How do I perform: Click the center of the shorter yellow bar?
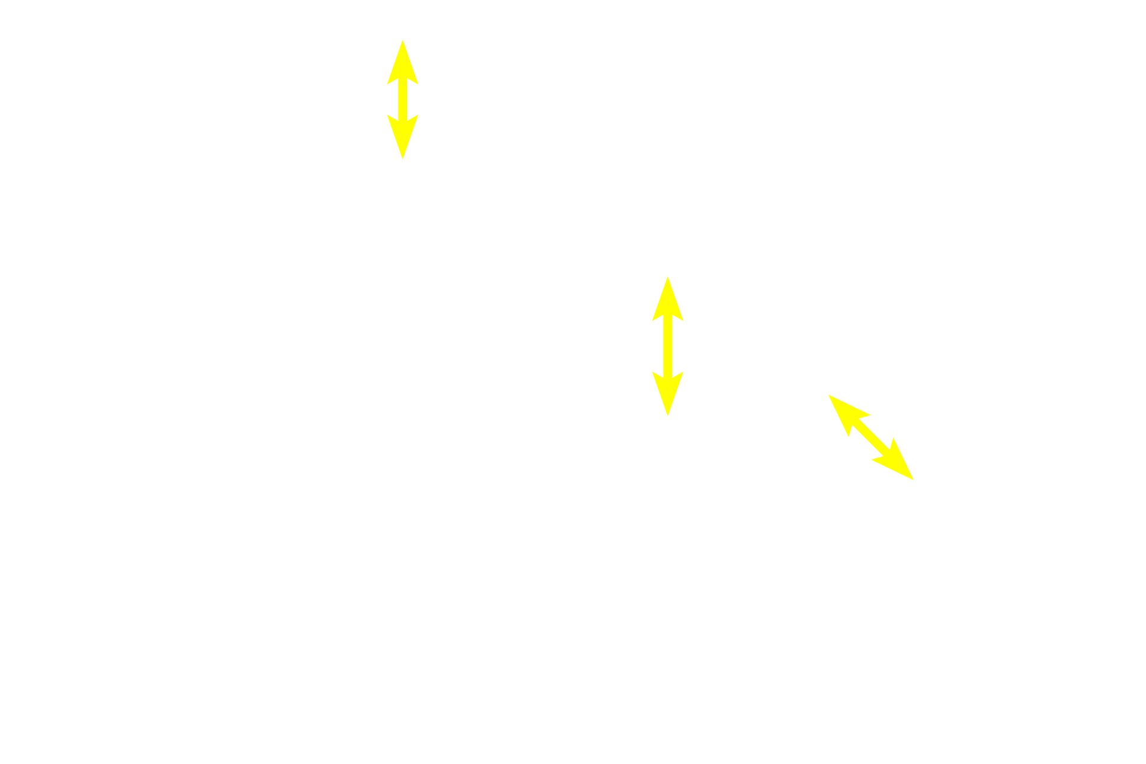pos(403,100)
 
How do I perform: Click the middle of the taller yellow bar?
pos(668,346)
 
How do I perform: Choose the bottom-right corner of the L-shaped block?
pos(914,480)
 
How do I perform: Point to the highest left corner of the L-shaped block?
pos(827,393)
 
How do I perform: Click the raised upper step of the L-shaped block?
pos(853,409)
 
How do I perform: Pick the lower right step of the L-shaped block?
pos(896,452)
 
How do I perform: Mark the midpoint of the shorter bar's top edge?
pos(403,39)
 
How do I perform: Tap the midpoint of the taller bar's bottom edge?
pos(668,417)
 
